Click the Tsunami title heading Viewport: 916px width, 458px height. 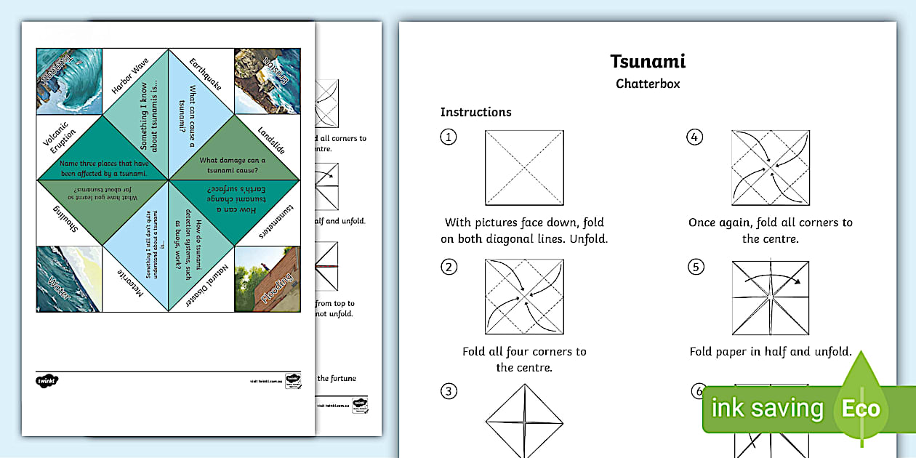pyautogui.click(x=648, y=62)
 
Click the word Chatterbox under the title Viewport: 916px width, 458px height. pyautogui.click(x=648, y=84)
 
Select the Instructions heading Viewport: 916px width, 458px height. pyautogui.click(x=475, y=112)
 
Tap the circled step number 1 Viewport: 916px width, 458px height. pyautogui.click(x=449, y=137)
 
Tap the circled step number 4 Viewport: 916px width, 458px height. pyautogui.click(x=695, y=137)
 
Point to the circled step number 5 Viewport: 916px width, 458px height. pyautogui.click(x=695, y=267)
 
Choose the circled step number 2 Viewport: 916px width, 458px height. pyautogui.click(x=449, y=267)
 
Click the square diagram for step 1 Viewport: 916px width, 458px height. pyautogui.click(x=524, y=168)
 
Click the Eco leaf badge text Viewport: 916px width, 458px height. pyautogui.click(x=861, y=409)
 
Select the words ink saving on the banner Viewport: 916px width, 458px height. pyautogui.click(x=767, y=409)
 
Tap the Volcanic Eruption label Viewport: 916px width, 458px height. pyautogui.click(x=60, y=139)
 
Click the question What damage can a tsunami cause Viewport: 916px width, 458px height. pyautogui.click(x=232, y=166)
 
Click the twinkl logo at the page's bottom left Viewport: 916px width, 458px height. pyautogui.click(x=47, y=380)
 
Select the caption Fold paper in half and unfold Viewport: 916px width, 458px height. pyautogui.click(x=770, y=352)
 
